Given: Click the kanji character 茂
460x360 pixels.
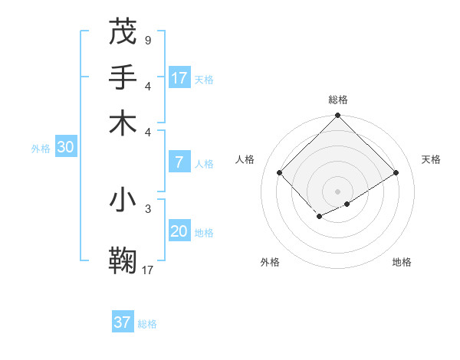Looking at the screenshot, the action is tap(123, 32).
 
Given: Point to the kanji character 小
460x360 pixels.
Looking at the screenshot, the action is tap(123, 200).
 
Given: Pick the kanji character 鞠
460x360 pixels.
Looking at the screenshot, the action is tap(123, 259).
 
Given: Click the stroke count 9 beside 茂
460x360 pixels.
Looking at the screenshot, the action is tap(147, 40).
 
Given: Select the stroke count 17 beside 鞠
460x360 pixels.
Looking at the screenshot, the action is tap(148, 270).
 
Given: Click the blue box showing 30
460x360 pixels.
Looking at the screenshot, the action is tap(65, 148).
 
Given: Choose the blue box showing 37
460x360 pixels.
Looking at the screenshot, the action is tap(123, 322).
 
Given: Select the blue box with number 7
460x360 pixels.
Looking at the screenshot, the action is tap(179, 162).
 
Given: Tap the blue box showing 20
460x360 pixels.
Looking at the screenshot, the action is tap(179, 231).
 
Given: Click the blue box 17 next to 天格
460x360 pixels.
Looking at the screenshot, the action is tap(179, 78).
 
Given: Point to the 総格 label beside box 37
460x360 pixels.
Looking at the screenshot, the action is tap(147, 324).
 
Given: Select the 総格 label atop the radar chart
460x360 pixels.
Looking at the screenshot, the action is tap(337, 100).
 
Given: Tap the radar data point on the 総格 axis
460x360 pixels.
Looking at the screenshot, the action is tap(337, 116).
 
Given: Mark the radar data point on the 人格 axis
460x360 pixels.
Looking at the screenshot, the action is tap(280, 172).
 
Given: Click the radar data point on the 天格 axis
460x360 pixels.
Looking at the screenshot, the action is tap(396, 172).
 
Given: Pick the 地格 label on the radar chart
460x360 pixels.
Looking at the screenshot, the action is tap(402, 262).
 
